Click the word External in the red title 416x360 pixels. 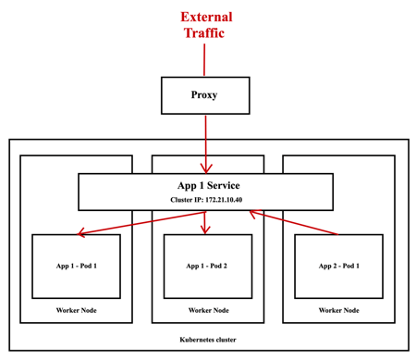[x=207, y=17]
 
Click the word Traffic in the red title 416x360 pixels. [x=207, y=35]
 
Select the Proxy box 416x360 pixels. [x=205, y=95]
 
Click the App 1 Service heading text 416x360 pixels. [x=205, y=184]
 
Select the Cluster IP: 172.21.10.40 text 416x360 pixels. [x=205, y=199]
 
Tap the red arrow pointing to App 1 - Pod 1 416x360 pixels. [x=129, y=223]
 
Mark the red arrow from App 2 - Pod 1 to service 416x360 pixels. [x=296, y=223]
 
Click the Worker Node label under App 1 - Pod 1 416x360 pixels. [x=76, y=309]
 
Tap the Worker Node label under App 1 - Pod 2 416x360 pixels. [x=207, y=309]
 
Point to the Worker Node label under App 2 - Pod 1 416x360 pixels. [x=338, y=309]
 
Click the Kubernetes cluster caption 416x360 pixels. [x=207, y=340]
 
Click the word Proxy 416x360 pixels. [x=205, y=95]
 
